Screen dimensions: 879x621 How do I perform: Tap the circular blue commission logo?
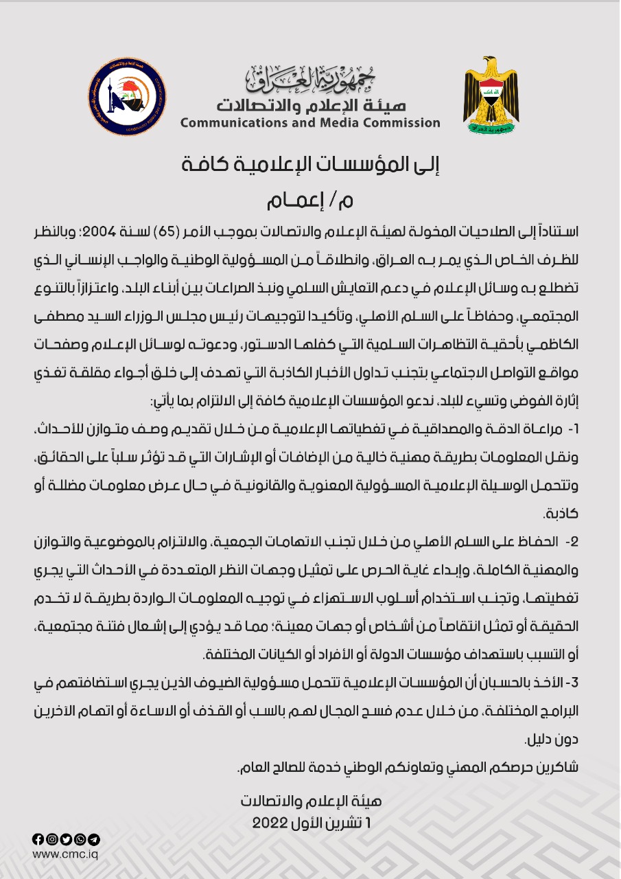click(x=128, y=96)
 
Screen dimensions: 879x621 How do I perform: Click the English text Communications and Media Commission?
click(x=310, y=123)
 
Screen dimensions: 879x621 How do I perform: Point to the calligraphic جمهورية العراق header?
click(x=310, y=79)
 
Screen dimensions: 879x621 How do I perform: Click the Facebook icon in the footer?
click(x=38, y=839)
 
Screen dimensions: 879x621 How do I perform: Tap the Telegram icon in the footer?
click(x=95, y=839)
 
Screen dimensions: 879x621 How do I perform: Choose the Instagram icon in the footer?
click(x=51, y=839)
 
